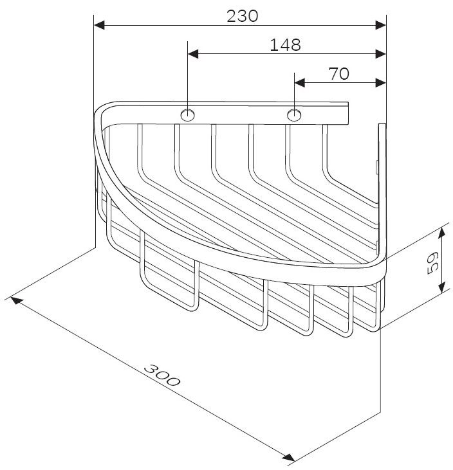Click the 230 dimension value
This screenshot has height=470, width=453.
click(242, 16)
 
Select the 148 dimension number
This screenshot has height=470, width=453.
click(285, 44)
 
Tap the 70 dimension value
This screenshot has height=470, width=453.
click(339, 73)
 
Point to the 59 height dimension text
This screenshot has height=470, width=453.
click(432, 263)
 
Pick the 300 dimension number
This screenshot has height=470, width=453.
click(162, 375)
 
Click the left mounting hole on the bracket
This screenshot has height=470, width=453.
click(188, 115)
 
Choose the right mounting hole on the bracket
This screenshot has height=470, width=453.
click(294, 115)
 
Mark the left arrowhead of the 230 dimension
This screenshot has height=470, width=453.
click(99, 25)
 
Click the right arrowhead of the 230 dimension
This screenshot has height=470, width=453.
click(381, 25)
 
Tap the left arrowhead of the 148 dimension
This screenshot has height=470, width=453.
click(193, 54)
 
